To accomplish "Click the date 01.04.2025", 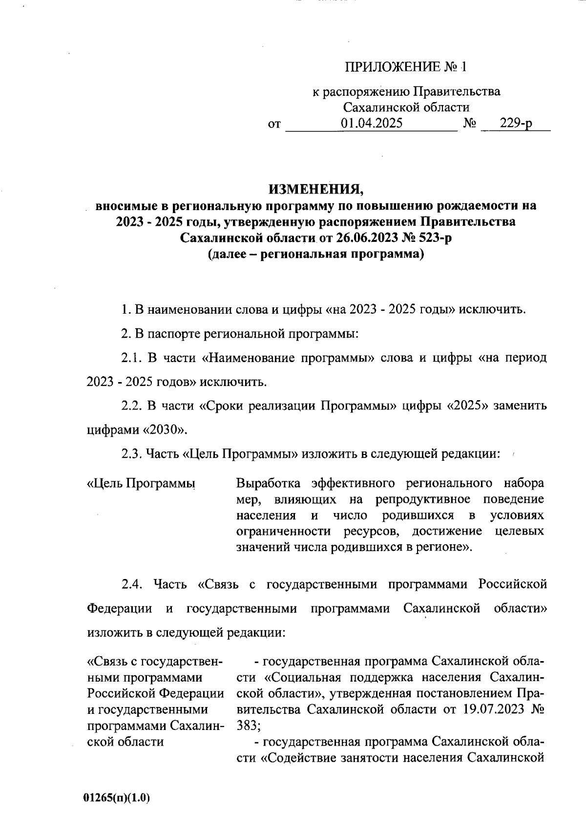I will tap(372, 123).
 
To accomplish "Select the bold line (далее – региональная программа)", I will tap(315, 254).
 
